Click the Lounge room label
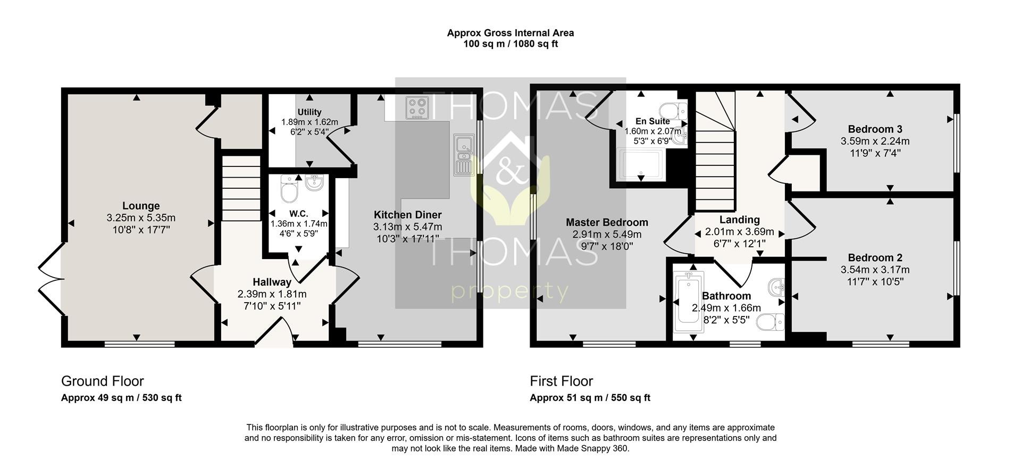141,206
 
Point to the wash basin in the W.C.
314,184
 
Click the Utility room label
309,112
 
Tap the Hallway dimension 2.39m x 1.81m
272,294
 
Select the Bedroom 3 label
875,129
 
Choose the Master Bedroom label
607,222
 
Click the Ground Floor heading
103,381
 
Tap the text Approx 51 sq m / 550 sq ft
590,398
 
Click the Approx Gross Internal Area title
510,33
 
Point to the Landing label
740,220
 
